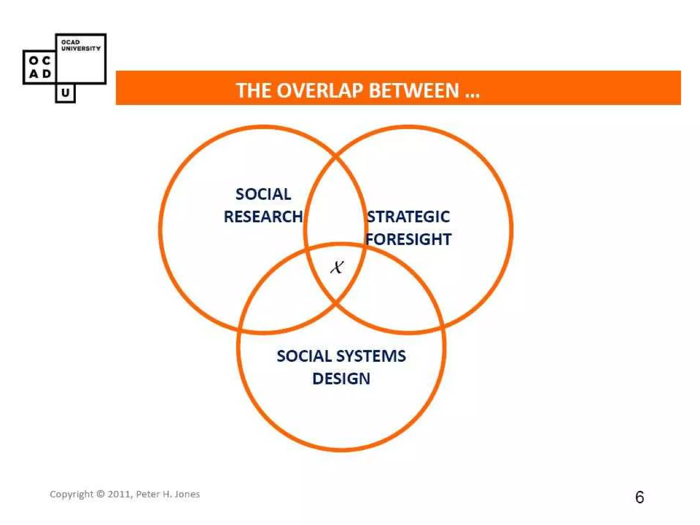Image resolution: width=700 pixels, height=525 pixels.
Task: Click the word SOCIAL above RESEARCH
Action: pos(263,194)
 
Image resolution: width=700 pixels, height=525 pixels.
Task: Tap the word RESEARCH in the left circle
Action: pos(263,217)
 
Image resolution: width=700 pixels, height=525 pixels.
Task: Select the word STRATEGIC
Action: pos(408,217)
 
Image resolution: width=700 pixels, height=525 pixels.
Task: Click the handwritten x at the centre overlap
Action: pos(337,267)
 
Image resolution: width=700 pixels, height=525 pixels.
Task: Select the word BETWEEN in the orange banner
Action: pos(414,91)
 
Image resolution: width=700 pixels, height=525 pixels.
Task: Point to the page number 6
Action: pos(640,497)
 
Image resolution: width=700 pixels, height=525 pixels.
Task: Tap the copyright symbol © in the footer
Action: pos(100,494)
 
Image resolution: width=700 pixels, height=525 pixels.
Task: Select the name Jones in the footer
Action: pos(187,494)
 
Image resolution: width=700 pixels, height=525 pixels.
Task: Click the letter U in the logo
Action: pos(65,93)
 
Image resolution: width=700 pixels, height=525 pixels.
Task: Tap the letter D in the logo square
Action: pos(46,74)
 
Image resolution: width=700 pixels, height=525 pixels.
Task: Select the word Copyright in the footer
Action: pos(71,494)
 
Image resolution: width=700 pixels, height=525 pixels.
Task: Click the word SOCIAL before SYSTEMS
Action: pos(304,356)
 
